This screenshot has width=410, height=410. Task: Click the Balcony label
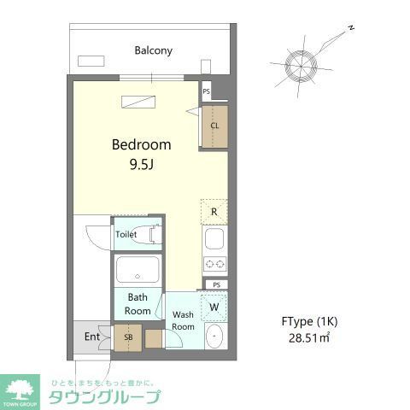(153, 50)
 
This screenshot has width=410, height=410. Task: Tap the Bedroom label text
(142, 144)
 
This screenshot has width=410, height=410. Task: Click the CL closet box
(214, 126)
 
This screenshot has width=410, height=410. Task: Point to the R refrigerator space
(214, 211)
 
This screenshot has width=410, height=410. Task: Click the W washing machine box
(214, 306)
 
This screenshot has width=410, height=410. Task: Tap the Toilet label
(126, 233)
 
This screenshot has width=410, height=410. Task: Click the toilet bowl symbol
(154, 233)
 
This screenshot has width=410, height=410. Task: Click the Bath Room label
(138, 304)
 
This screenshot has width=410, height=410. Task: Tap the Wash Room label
(184, 320)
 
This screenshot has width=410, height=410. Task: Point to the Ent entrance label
(91, 337)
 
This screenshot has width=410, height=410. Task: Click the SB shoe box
(128, 337)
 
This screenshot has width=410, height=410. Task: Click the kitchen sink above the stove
(214, 238)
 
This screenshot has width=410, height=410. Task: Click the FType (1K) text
(310, 321)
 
